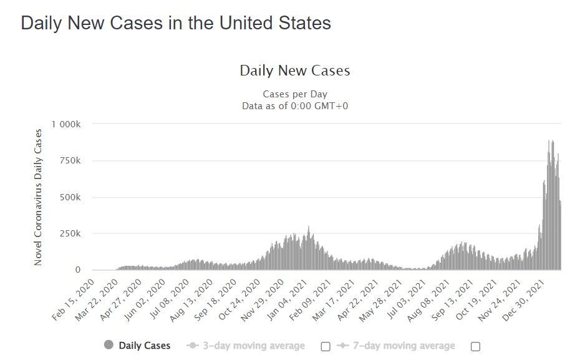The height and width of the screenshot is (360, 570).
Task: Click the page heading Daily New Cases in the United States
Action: click(176, 24)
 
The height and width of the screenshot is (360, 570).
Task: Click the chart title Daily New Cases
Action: click(295, 71)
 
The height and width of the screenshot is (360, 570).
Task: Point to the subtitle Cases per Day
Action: click(295, 94)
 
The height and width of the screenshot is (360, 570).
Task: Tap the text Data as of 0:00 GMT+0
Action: click(295, 105)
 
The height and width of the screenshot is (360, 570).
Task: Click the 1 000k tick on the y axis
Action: click(67, 124)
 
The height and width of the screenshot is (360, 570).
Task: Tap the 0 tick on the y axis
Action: click(78, 270)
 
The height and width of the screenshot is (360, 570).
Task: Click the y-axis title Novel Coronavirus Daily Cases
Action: click(38, 197)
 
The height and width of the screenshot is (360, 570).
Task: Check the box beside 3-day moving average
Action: click(325, 346)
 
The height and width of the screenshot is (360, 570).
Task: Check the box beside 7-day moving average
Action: click(475, 346)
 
